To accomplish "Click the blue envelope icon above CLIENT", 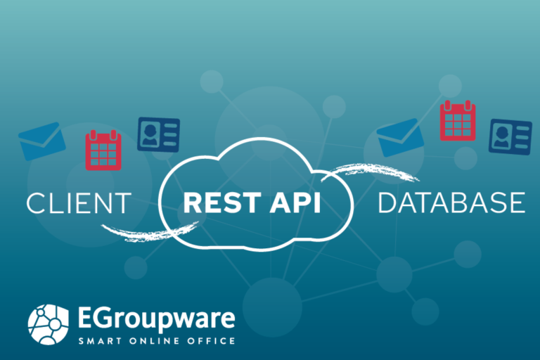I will [42, 141].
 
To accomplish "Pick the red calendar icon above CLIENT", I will [103, 150].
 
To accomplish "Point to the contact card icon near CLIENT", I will [158, 134].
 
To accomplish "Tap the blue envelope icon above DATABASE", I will [400, 137].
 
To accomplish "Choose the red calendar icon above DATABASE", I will [458, 120].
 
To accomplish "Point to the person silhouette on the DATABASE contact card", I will [501, 137].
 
